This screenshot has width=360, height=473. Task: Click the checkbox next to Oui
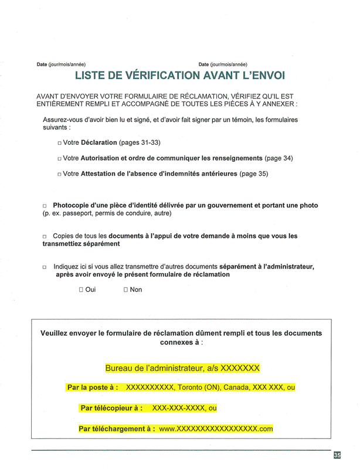point(81,290)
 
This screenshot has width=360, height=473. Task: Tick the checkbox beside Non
point(126,290)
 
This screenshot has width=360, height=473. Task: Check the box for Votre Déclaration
point(60,143)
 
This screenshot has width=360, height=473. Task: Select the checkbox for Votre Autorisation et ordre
point(60,159)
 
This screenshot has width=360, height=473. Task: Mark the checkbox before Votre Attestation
point(60,174)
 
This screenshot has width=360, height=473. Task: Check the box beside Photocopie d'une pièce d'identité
point(45,206)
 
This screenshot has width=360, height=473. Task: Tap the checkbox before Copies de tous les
point(45,237)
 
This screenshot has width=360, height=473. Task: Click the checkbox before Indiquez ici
point(45,267)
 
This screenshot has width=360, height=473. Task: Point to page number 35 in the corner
point(337,455)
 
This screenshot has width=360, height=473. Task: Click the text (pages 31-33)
point(140,143)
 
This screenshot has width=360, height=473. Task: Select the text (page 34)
point(279,158)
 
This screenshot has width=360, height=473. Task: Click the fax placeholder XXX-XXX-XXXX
point(179,408)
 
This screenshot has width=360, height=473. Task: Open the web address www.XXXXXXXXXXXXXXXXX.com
point(216,429)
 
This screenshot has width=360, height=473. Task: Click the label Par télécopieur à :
point(112,408)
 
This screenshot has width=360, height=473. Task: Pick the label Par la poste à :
point(93,387)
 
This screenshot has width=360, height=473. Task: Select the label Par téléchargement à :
point(117,429)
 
